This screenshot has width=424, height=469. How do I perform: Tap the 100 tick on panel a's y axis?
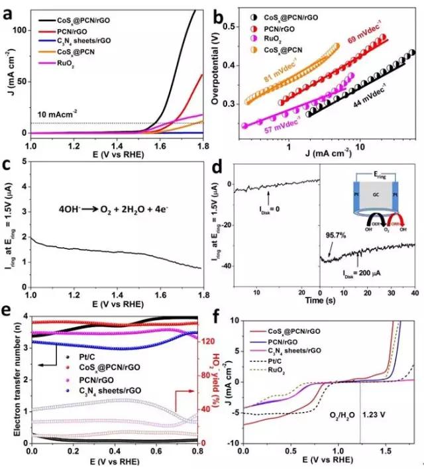20,30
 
